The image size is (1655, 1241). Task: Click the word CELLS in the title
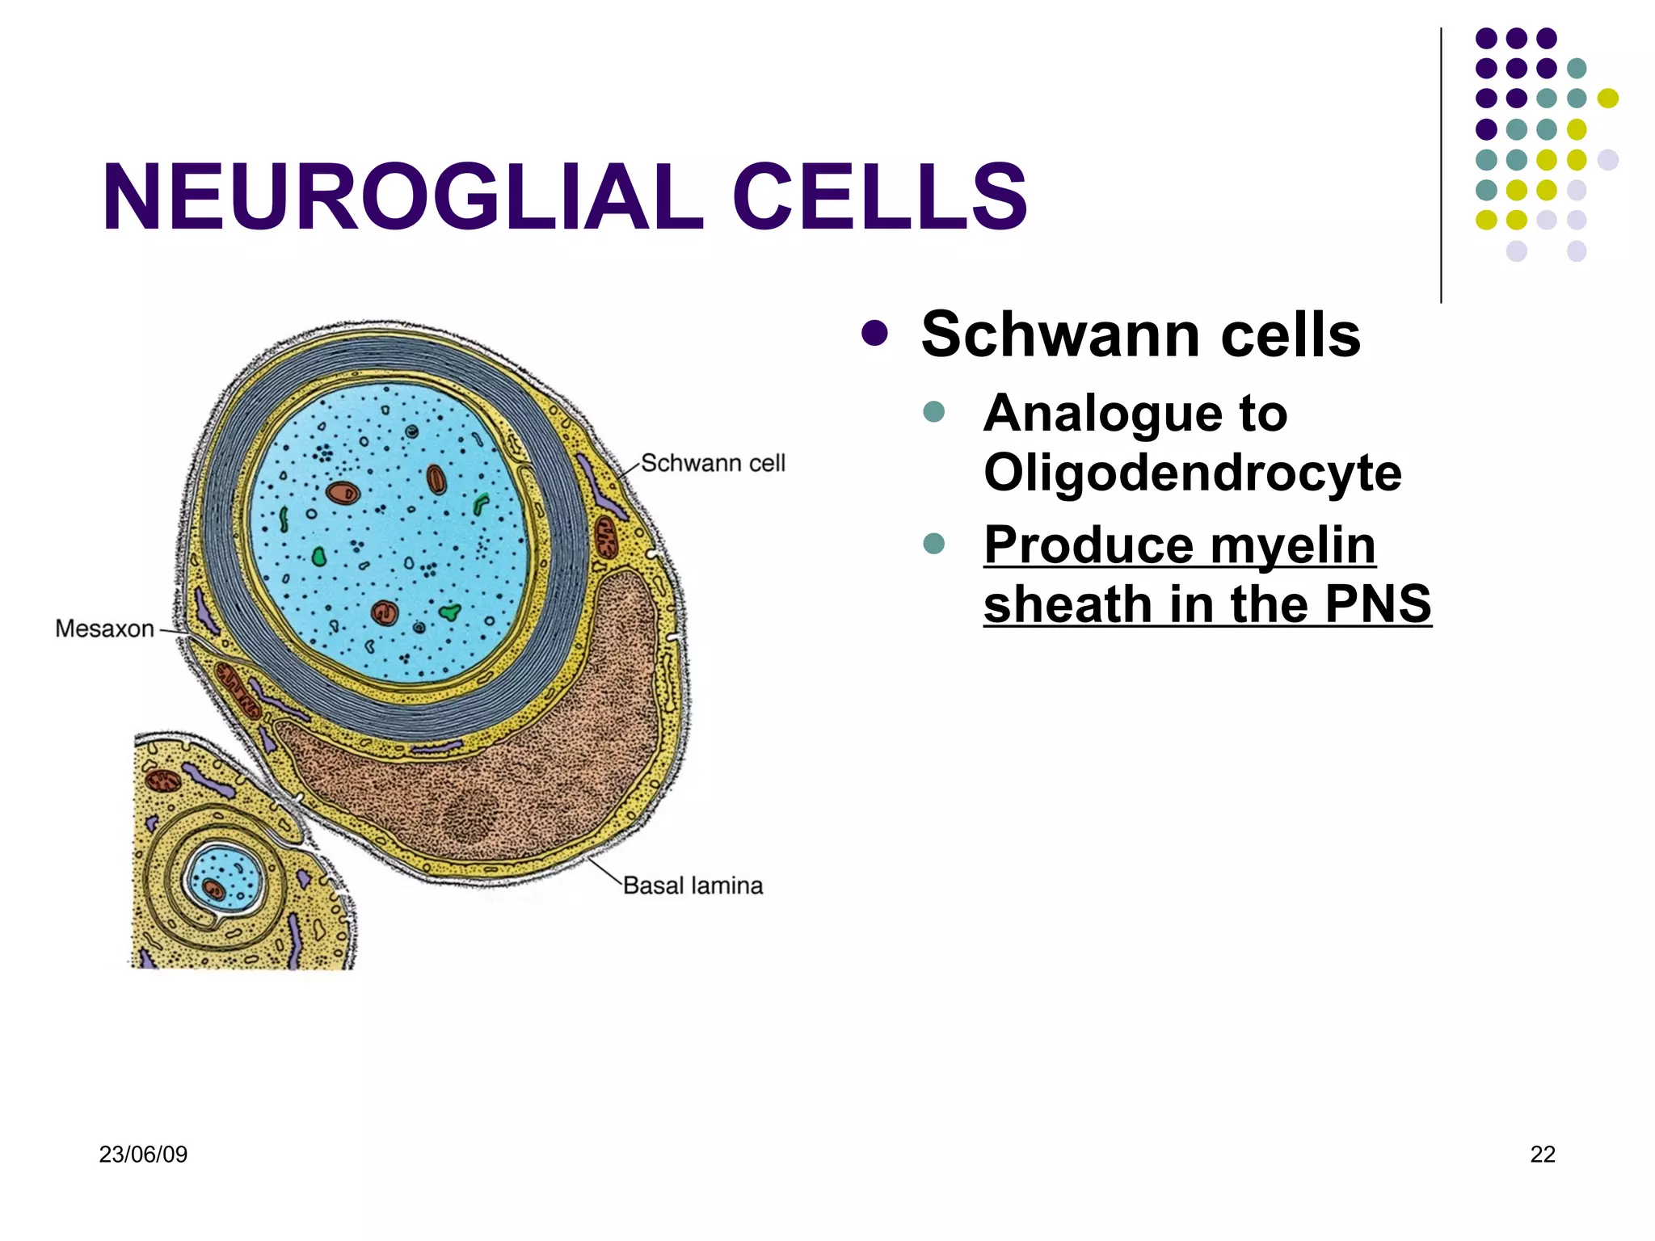[x=879, y=197]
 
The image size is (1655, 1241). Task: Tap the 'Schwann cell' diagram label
[x=713, y=463]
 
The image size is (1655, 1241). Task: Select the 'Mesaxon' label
[x=104, y=629]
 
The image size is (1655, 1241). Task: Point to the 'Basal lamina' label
[x=693, y=886]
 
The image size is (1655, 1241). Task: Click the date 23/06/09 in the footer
[x=143, y=1155]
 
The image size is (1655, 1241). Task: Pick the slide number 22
[x=1543, y=1155]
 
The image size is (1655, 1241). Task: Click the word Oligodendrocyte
[x=1192, y=473]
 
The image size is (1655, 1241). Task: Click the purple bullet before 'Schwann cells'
[x=874, y=333]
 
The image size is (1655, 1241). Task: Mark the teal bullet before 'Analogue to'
[x=933, y=411]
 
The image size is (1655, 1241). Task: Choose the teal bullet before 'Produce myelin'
[x=933, y=543]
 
